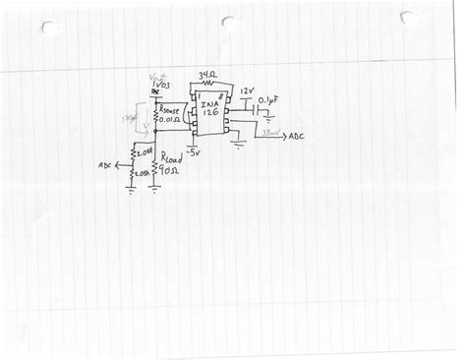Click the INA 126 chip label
click(x=209, y=106)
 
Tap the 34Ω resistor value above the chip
click(x=206, y=74)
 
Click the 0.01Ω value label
click(x=171, y=124)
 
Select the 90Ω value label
click(x=169, y=170)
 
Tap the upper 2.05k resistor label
click(x=142, y=152)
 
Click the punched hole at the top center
click(x=228, y=22)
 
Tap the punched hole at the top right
click(x=406, y=18)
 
